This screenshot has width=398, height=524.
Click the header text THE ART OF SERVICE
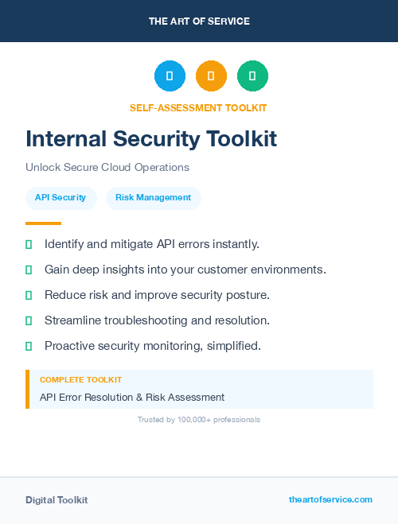(199, 21)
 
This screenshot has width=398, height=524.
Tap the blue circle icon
(170, 76)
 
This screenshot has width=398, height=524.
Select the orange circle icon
(211, 76)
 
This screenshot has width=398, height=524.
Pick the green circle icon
(252, 76)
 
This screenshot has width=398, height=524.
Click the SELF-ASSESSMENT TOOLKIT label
(198, 107)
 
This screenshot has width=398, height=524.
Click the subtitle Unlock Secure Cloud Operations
(107, 168)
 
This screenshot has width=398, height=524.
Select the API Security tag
(60, 197)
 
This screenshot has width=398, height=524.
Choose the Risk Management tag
(153, 197)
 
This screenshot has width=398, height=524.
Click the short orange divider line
(43, 223)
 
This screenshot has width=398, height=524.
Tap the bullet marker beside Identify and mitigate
(29, 244)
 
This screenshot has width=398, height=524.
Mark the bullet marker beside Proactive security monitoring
(29, 346)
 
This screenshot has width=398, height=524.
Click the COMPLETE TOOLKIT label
(80, 380)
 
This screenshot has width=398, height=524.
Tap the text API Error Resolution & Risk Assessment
(132, 397)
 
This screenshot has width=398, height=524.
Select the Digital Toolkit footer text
(57, 500)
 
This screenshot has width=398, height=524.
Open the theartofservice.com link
(330, 499)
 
